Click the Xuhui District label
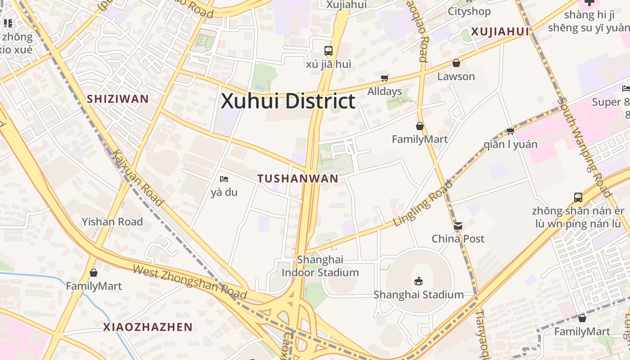point(288,101)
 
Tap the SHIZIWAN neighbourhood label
point(117,99)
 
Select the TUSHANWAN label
point(298,179)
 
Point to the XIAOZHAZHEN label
point(148,327)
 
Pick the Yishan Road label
point(112,222)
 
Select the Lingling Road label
point(423,204)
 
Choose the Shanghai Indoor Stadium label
point(320,266)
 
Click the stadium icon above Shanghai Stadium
point(418,281)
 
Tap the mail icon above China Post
point(458,226)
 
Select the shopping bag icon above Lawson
point(456,63)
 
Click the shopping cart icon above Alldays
point(384,78)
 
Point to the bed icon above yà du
point(224,179)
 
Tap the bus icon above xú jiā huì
point(328,50)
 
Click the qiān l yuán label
point(510,144)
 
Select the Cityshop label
point(469,11)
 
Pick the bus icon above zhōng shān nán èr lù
point(578,197)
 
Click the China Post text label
point(458,239)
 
